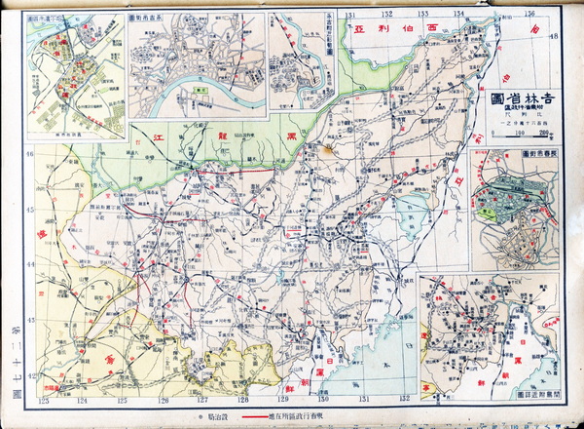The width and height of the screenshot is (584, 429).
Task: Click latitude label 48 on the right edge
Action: click(x=556, y=37)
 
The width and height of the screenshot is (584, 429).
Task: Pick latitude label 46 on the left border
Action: click(x=30, y=155)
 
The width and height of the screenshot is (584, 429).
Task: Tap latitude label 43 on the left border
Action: click(x=30, y=320)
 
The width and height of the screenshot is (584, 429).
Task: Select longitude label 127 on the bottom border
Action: click(x=202, y=401)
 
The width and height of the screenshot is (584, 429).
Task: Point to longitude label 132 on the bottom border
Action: click(x=402, y=401)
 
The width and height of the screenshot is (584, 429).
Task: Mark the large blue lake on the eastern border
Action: click(x=413, y=208)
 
